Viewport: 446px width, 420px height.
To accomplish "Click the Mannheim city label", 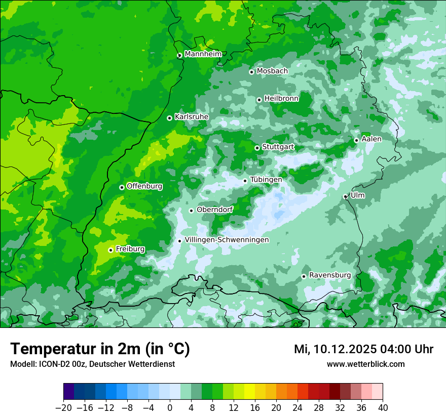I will click(x=203, y=54).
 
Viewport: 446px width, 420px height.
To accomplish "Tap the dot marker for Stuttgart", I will click(x=257, y=148).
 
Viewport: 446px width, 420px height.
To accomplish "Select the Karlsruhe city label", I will click(x=192, y=117).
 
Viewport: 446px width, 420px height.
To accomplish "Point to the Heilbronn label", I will click(x=281, y=99).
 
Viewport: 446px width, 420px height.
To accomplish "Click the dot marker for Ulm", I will click(x=346, y=196).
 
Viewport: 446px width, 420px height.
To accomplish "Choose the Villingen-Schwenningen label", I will click(x=227, y=240).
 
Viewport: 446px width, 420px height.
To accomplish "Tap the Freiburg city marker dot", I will click(x=110, y=250).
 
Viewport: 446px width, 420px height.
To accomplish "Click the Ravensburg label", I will click(x=330, y=275).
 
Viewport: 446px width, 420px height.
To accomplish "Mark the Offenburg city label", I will click(x=144, y=186).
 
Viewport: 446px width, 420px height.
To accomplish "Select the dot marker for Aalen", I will click(x=357, y=140).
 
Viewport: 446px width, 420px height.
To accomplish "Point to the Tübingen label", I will click(x=266, y=180).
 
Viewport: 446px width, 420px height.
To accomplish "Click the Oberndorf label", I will click(x=215, y=209).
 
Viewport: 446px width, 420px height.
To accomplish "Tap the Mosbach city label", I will click(x=272, y=71).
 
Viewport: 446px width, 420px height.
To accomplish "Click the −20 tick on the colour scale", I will click(x=64, y=408).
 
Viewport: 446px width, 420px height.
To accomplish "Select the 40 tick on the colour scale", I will click(x=383, y=408).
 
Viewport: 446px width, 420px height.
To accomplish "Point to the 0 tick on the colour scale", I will click(x=170, y=408).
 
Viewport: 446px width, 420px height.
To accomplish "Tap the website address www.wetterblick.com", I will click(x=365, y=364).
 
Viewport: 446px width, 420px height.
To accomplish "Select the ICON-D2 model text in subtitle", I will click(x=52, y=364).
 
